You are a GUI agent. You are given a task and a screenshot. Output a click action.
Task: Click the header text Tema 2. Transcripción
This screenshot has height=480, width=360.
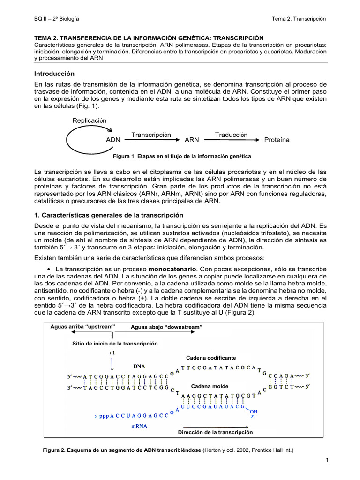299,18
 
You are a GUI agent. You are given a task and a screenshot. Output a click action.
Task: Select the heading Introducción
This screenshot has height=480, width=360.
55,74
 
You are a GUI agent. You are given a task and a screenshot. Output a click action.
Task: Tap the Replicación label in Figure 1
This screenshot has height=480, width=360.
90,120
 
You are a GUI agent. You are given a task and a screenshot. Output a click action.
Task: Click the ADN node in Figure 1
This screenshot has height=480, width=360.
113,140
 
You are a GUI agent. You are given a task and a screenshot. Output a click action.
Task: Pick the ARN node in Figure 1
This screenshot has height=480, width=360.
192,140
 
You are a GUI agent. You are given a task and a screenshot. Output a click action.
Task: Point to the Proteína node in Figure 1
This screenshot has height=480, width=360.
277,140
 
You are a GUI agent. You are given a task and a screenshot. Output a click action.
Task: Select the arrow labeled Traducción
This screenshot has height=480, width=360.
231,139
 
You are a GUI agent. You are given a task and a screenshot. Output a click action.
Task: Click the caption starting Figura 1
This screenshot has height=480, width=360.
180,156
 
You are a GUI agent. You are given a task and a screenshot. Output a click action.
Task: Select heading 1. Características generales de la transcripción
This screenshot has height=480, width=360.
109,215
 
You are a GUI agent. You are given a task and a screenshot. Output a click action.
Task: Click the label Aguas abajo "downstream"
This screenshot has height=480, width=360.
166,327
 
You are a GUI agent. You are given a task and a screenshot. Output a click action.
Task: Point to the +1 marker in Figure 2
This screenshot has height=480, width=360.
112,352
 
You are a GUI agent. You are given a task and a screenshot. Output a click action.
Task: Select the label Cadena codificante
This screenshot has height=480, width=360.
211,358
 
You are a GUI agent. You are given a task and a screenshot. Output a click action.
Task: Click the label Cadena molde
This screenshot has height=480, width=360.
210,386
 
